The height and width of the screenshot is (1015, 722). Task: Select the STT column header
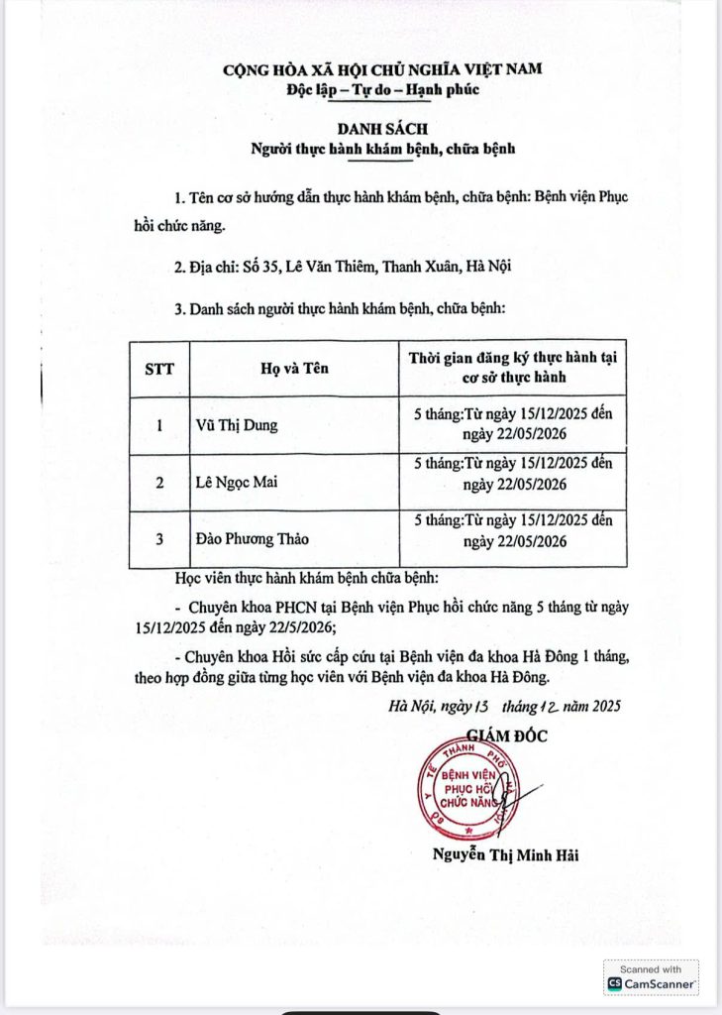click(158, 369)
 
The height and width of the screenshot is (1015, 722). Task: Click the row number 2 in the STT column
click(159, 484)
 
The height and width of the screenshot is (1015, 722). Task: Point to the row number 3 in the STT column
click(159, 540)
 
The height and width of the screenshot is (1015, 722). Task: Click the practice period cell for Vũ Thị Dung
click(513, 426)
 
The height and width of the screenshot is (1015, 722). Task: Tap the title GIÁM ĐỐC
click(505, 735)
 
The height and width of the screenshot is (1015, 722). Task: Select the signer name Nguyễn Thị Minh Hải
click(504, 855)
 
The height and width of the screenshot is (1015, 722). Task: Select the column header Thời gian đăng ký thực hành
click(513, 369)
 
